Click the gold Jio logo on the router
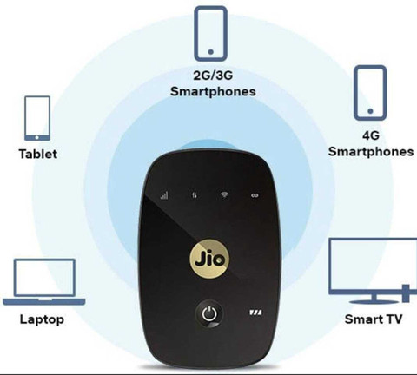click(209, 259)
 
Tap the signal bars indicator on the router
click(164, 195)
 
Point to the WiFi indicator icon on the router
click(224, 194)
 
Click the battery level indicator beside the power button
click(256, 312)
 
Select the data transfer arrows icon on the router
click(195, 195)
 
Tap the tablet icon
click(37, 118)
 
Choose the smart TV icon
click(374, 271)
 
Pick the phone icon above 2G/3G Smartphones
click(210, 34)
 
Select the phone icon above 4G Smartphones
click(370, 93)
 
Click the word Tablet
click(38, 154)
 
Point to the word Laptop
click(42, 319)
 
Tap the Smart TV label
click(374, 319)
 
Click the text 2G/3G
click(213, 76)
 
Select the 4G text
click(371, 135)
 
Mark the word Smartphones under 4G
click(371, 151)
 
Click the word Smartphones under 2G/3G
click(213, 91)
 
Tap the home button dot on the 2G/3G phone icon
click(211, 52)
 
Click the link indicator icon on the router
click(255, 195)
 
